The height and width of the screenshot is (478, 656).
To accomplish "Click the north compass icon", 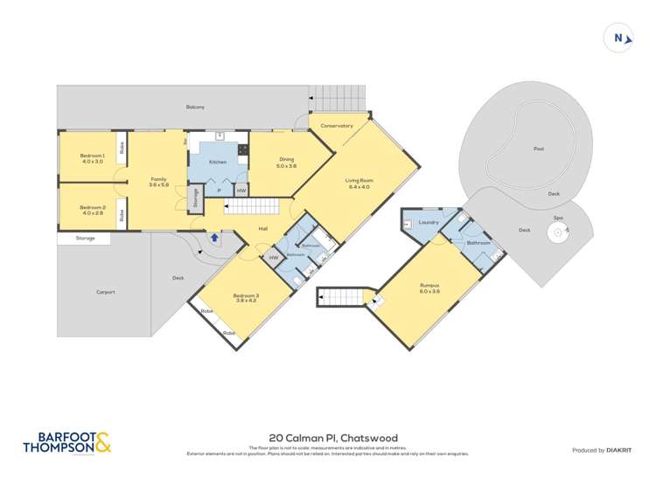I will coord(618,38).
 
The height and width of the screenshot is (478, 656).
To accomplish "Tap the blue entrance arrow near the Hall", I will coord(213,237).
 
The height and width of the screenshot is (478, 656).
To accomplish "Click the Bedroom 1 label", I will coord(93,158).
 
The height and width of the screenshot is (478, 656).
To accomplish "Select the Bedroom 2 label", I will coord(93,210).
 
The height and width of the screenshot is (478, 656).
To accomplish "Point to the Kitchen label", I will coord(218,162).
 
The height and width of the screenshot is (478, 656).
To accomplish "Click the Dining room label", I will coord(286,163).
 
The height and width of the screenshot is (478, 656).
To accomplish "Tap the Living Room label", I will coord(359,184).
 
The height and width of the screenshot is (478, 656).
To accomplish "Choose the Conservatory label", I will coord(337,126).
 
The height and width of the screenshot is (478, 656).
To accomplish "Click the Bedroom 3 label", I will coord(246,298).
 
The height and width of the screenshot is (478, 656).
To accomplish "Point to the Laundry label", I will coord(428,222).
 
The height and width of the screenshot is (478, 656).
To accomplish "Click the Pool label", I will coord(539,149).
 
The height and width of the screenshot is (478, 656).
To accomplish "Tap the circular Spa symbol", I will coord(558,232).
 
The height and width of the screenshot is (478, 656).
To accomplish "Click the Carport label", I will coord(107,291).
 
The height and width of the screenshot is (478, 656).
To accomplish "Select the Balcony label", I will coord(195,107).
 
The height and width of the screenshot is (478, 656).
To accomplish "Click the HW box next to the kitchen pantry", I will coord(241,191).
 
